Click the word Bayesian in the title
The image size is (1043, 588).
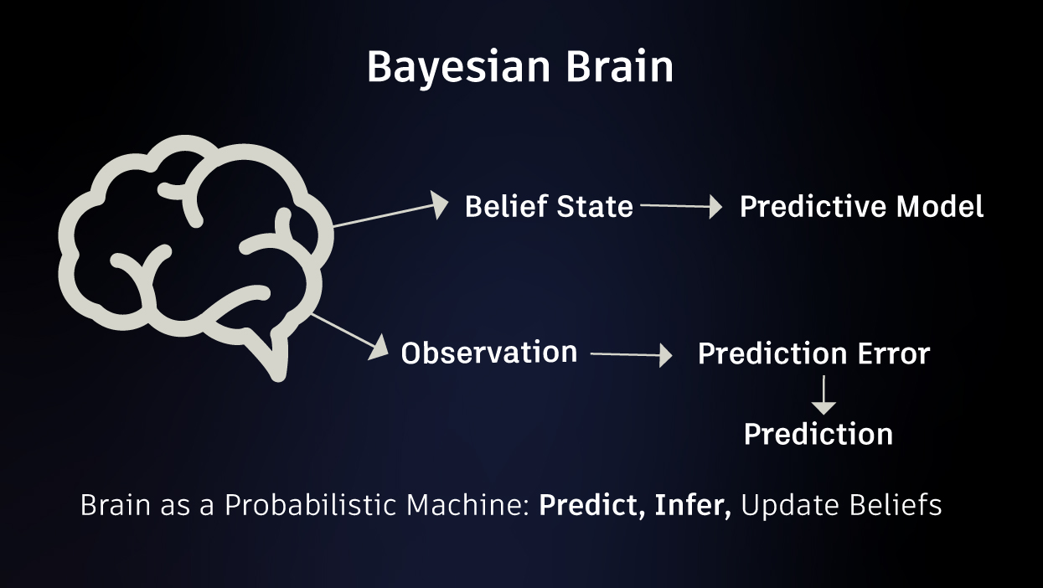pos(458,68)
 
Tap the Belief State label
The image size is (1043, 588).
pos(549,206)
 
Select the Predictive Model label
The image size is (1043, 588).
pos(861,206)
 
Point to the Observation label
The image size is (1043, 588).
pos(489,353)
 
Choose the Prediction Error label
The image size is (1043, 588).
pos(813,353)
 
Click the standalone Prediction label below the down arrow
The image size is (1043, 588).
pos(818,435)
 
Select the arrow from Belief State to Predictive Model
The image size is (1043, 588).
pos(681,206)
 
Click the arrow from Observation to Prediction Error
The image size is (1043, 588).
pos(632,355)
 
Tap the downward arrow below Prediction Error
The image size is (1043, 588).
pos(824,395)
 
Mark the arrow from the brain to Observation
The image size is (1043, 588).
pos(349,336)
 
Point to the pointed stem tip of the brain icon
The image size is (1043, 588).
pos(278,377)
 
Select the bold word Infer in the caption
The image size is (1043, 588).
pos(693,505)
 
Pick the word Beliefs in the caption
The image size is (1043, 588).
pos(896,505)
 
